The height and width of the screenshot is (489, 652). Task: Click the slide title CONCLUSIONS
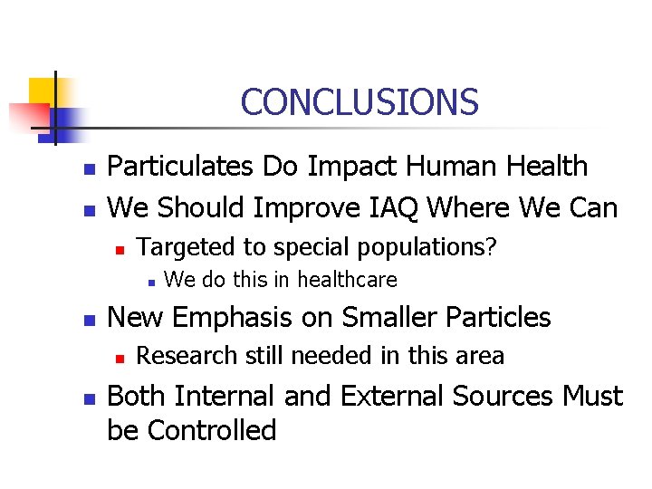pos(360,101)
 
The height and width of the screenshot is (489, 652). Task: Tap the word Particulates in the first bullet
pos(182,167)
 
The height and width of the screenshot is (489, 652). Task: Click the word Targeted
pos(177,246)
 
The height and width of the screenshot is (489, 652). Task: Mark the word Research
pos(177,356)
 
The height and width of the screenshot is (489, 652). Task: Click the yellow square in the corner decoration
pos(43,91)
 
